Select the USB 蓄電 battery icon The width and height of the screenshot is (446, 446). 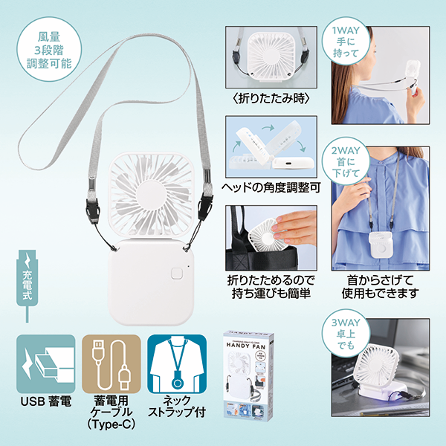click(45, 363)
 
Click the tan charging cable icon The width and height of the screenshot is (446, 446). click(110, 363)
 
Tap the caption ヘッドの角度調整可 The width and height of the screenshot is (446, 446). click(271, 187)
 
